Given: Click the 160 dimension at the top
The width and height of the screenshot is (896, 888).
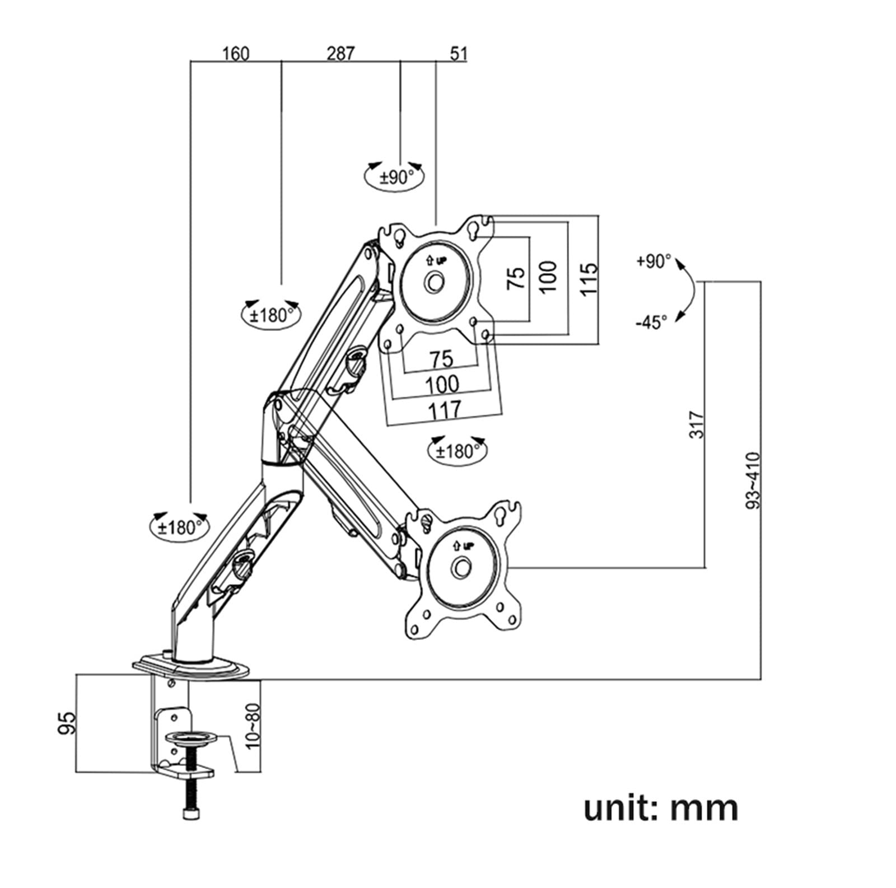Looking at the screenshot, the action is [x=236, y=54].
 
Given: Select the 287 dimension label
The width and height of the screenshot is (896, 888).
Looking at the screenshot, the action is [x=340, y=53].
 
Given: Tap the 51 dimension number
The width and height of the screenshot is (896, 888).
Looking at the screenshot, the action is [x=458, y=54].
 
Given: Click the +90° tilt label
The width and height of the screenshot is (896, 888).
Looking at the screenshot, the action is [x=654, y=261].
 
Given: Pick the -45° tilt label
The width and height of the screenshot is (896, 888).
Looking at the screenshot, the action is [x=651, y=322].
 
